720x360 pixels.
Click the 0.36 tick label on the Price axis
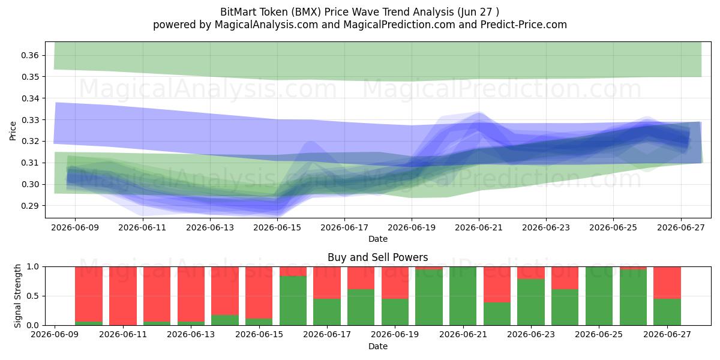coord(30,55)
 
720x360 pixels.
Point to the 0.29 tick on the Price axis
coord(30,206)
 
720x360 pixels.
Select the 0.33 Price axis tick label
coord(30,120)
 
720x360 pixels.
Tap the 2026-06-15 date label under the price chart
coord(277,227)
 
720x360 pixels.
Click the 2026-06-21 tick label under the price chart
coord(479,227)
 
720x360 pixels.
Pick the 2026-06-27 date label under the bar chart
coord(667,334)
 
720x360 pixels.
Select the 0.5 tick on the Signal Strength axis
coord(33,296)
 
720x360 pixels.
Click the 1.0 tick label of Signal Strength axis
coord(33,267)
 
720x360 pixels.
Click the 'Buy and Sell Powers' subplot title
coord(377,257)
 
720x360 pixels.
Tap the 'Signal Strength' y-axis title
coord(17,296)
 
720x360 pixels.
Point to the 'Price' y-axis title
coord(13,131)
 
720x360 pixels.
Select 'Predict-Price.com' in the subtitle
coord(524,25)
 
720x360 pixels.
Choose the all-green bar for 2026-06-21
coord(463,296)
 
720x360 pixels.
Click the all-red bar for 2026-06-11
coord(123,296)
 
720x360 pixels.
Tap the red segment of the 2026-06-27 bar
coord(667,283)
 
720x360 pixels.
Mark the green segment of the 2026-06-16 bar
coord(293,301)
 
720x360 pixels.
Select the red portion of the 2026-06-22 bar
coord(497,284)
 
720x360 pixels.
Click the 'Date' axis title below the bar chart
coord(377,347)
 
